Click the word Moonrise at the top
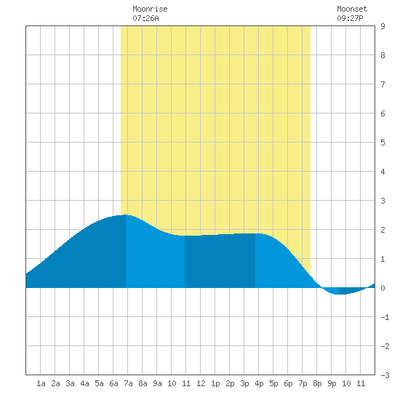point(150,9)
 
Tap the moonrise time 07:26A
point(145,18)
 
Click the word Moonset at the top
point(352,9)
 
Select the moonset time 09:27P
point(350,18)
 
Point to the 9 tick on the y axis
point(383,26)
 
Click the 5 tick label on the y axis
point(383,143)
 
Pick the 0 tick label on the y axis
point(383,288)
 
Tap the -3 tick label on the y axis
point(385,375)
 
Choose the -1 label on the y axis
point(385,317)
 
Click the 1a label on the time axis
point(41,383)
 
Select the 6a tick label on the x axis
point(113,383)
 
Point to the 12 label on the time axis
point(201,383)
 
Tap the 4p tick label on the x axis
point(259,383)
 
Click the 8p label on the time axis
point(317,383)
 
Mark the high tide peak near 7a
point(126,215)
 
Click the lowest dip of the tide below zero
point(340,294)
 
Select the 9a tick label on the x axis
point(157,383)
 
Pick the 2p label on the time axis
point(230,383)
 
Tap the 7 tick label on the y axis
point(383,84)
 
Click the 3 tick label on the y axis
point(383,201)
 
